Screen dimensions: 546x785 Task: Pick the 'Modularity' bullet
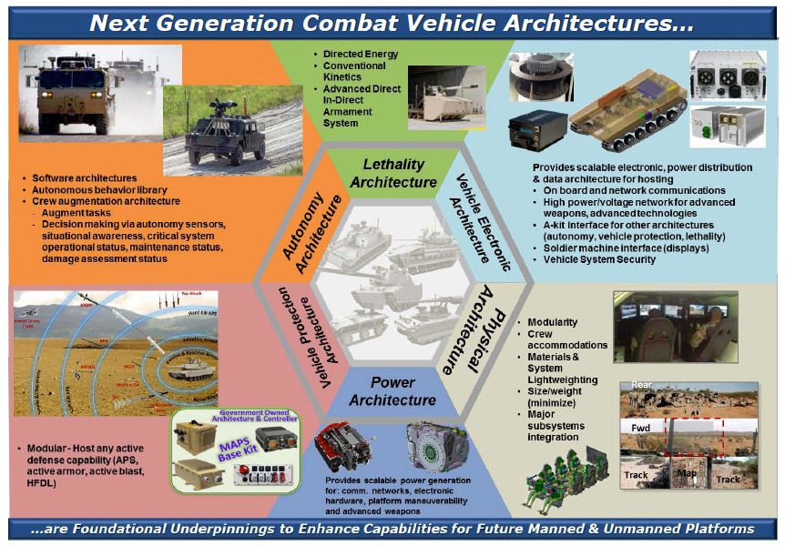click(x=557, y=322)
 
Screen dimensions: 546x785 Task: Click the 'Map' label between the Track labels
click(x=686, y=472)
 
